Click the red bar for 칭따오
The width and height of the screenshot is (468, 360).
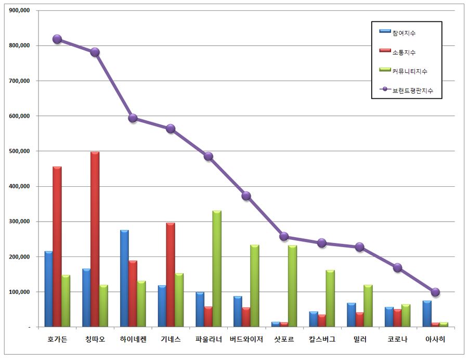click(95, 239)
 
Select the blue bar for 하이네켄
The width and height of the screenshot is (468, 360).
click(124, 278)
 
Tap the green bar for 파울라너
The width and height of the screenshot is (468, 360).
click(217, 268)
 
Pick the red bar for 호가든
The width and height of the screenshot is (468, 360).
click(57, 247)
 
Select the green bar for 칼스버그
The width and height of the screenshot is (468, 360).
click(330, 298)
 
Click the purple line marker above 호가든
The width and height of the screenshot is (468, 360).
click(57, 39)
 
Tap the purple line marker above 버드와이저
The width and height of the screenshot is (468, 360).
click(246, 196)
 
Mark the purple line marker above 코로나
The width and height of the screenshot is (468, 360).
click(397, 267)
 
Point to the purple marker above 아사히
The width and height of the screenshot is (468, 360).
click(435, 292)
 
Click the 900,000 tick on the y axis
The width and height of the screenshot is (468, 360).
click(19, 10)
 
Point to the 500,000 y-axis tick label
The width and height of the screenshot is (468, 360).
click(19, 151)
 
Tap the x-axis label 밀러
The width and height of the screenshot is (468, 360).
click(359, 340)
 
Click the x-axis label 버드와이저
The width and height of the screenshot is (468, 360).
click(246, 340)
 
